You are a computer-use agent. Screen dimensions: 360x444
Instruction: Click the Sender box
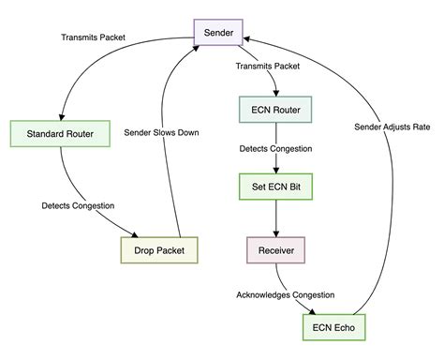225,34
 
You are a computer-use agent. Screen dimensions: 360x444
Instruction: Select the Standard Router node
60,132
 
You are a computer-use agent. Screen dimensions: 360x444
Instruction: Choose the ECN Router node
276,111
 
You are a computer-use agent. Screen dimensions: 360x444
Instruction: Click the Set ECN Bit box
276,187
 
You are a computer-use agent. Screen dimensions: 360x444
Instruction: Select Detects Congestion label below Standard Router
78,204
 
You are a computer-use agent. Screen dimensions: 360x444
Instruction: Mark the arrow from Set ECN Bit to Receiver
276,218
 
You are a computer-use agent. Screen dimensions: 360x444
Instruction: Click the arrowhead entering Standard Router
61,114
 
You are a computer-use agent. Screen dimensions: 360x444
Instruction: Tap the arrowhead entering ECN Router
276,93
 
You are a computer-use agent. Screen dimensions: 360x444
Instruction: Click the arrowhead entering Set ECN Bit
276,170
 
